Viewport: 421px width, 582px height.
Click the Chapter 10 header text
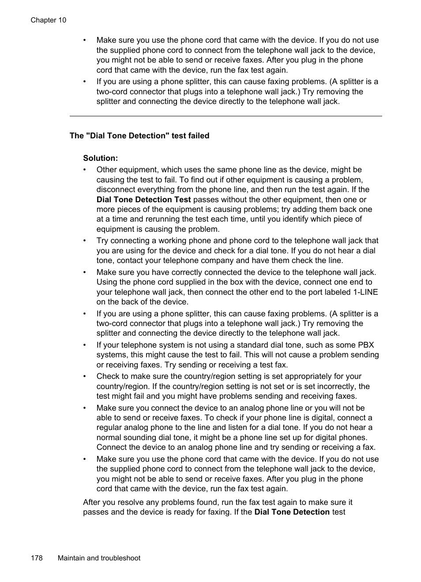click(48, 20)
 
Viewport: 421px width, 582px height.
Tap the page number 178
click(37, 558)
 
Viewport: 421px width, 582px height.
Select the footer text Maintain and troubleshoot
click(99, 558)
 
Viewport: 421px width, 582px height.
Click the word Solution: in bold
click(100, 158)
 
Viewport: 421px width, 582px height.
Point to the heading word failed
click(199, 136)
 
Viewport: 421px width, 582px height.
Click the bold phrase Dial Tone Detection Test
click(143, 200)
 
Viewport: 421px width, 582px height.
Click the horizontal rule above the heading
click(226, 116)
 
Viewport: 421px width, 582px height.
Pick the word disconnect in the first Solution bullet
click(116, 189)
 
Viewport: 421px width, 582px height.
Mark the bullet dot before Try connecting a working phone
click(85, 241)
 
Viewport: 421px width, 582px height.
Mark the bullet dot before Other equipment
click(85, 170)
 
